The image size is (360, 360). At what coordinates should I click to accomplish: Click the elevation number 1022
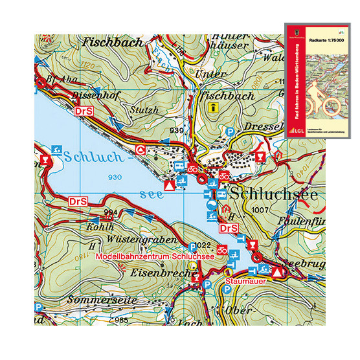tap(201, 245)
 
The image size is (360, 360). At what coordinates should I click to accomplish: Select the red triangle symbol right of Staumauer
tap(277, 273)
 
